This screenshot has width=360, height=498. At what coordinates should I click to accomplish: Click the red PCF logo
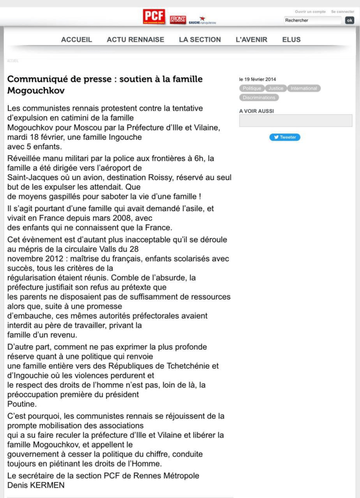(x=154, y=17)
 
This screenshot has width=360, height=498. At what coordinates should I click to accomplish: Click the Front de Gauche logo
(x=178, y=19)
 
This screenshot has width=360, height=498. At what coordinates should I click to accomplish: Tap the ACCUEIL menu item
(x=76, y=40)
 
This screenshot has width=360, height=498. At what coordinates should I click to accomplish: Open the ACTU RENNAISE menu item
(x=135, y=40)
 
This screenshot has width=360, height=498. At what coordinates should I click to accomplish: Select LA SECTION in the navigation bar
(x=200, y=40)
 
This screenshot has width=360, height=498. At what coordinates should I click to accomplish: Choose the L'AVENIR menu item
(x=251, y=40)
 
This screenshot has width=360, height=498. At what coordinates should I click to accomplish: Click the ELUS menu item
(x=291, y=40)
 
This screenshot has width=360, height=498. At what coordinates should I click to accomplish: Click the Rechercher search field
(x=312, y=20)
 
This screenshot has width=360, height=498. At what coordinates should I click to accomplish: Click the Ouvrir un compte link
(x=310, y=12)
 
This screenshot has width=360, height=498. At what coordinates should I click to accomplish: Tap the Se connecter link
(x=342, y=12)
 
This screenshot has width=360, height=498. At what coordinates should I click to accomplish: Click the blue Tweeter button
(x=285, y=137)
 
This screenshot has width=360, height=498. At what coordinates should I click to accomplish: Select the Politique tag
(x=252, y=89)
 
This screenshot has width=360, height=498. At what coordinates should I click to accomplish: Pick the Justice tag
(x=276, y=89)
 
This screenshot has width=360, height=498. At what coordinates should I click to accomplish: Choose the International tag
(x=303, y=89)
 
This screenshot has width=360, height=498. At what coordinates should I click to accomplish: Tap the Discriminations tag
(x=259, y=97)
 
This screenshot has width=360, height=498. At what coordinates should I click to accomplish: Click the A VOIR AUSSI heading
(x=256, y=111)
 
